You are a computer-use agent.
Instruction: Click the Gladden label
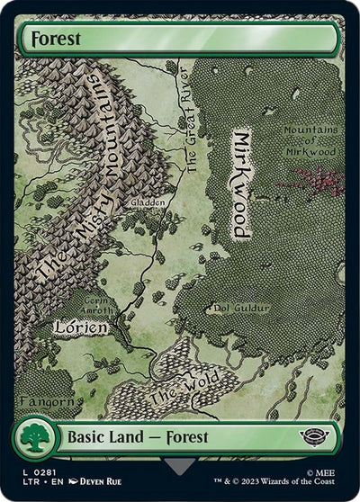tap(148, 203)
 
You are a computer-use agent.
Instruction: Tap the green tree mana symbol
tap(35, 438)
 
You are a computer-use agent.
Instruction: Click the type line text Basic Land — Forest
tap(138, 437)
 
